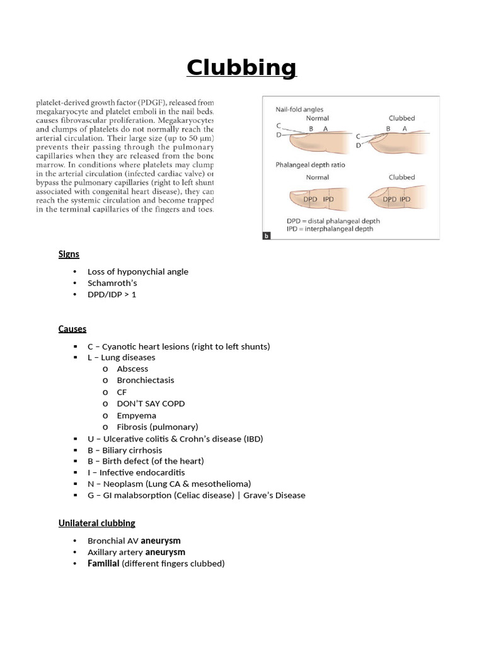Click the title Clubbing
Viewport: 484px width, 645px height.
241,67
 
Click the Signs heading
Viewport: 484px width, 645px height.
69,254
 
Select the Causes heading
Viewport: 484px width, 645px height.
72,329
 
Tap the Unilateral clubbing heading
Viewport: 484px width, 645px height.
96,523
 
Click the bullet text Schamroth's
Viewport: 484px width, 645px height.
112,283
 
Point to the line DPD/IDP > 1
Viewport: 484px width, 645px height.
112,294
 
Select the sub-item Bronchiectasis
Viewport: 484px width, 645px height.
146,380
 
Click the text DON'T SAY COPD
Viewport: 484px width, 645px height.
151,403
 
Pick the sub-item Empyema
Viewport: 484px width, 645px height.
136,415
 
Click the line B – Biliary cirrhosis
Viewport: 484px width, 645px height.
125,450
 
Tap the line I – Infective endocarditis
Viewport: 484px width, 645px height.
136,472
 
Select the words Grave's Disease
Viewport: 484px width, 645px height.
275,495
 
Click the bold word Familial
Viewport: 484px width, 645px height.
103,563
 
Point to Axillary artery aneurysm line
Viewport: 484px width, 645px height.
136,552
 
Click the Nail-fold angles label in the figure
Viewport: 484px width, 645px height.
299,109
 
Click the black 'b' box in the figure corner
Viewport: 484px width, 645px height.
265,236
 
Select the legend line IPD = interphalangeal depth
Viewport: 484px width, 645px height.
330,229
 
